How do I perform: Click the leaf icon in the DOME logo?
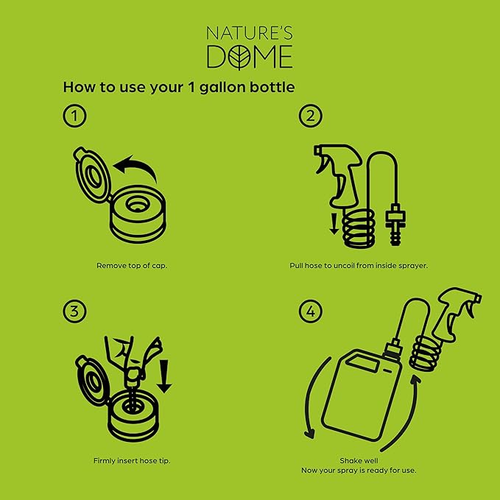pos(239,57)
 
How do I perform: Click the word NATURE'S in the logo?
pos(250,33)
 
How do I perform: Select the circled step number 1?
pos(74,116)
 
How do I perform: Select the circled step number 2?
pos(311,116)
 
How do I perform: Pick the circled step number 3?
pos(74,311)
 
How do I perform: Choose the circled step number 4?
pos(311,311)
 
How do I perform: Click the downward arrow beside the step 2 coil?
pos(334,224)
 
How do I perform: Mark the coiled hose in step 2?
pos(359,228)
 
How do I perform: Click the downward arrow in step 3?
pos(164,376)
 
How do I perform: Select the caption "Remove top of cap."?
pos(132,266)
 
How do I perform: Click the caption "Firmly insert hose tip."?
pos(132,461)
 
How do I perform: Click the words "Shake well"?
pos(359,461)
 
